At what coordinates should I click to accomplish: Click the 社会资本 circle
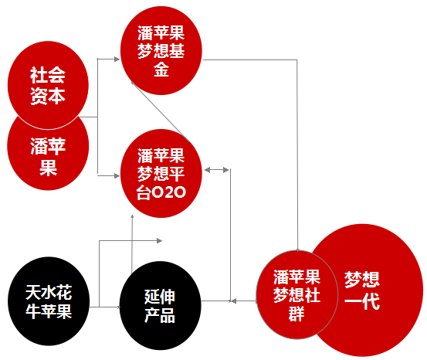tap(48, 85)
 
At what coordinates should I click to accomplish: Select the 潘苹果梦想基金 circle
tap(161, 51)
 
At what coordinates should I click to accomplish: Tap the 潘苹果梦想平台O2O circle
tap(161, 173)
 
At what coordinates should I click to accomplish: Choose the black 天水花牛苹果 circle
tap(49, 301)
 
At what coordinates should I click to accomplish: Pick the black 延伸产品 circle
tap(160, 305)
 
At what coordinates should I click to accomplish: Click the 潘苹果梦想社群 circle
tap(297, 294)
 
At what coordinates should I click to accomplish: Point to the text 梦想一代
tap(362, 290)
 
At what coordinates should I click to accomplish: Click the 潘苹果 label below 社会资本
tap(48, 156)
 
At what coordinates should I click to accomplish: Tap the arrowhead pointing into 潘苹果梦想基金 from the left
tap(117, 59)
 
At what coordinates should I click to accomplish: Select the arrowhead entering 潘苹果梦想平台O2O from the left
tap(117, 176)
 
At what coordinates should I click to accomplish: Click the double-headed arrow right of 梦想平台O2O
tap(217, 170)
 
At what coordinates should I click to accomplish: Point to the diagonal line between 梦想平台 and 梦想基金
tap(161, 112)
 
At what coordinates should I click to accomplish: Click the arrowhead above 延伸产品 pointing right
tap(159, 240)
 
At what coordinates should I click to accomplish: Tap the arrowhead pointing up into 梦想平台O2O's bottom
tap(132, 216)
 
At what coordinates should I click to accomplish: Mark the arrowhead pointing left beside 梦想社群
tap(234, 301)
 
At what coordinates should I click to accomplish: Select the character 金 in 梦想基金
tap(161, 70)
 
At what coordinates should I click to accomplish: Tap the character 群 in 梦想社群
tap(297, 314)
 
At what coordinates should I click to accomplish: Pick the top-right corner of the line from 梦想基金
tap(297, 59)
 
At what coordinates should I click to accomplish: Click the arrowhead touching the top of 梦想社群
tap(297, 250)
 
